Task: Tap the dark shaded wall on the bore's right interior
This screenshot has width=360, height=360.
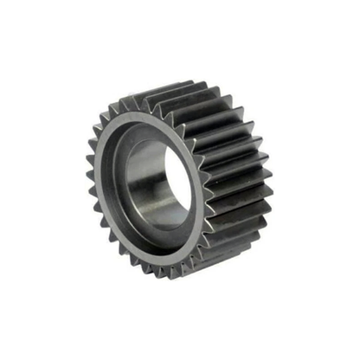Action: click(x=177, y=186)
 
